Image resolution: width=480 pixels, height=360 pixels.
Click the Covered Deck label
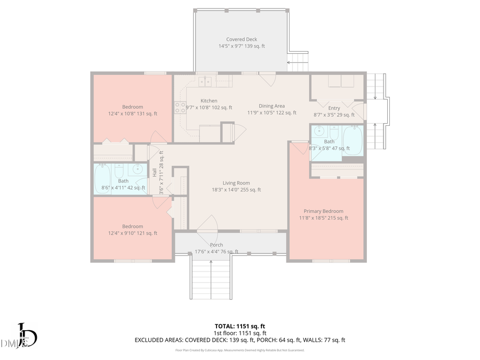coord(242,39)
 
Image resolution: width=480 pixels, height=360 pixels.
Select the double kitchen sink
coord(205,82)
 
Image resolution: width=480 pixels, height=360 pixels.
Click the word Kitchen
coord(209,101)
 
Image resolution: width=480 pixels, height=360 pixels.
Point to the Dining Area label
coord(271,106)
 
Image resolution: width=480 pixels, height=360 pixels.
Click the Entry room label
coord(334,108)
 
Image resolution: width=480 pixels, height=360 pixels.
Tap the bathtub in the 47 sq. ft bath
coord(352,140)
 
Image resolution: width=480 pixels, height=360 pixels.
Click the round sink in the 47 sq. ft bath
coord(319,131)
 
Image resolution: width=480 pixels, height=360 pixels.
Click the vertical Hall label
coord(155,173)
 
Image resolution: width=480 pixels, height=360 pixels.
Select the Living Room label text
coord(236,183)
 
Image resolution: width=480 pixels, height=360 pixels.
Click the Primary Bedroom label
coord(323,211)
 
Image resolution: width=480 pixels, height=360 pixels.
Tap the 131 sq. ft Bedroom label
coord(132,107)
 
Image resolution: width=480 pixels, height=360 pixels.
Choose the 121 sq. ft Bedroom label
coord(132,226)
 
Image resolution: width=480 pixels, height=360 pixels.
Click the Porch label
coord(216,245)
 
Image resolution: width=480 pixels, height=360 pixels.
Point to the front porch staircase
coord(211,277)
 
